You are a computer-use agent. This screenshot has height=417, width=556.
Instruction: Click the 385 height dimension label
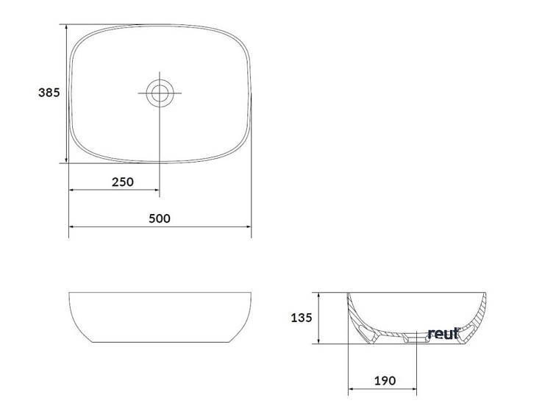49,93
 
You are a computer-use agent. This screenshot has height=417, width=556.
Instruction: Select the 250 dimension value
123,182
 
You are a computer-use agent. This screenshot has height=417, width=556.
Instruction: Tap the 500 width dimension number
160,218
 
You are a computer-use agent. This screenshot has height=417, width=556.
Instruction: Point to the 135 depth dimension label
302,318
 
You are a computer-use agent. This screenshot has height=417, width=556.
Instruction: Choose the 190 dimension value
385,381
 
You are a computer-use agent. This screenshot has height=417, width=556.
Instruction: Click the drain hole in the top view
160,93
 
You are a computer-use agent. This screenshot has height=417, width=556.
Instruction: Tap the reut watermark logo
443,333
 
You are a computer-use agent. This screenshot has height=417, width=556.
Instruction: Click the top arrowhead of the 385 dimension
66,27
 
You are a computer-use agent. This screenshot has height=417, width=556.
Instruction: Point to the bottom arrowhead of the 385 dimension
66,160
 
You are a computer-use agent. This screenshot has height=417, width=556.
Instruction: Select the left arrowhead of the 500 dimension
71,227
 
